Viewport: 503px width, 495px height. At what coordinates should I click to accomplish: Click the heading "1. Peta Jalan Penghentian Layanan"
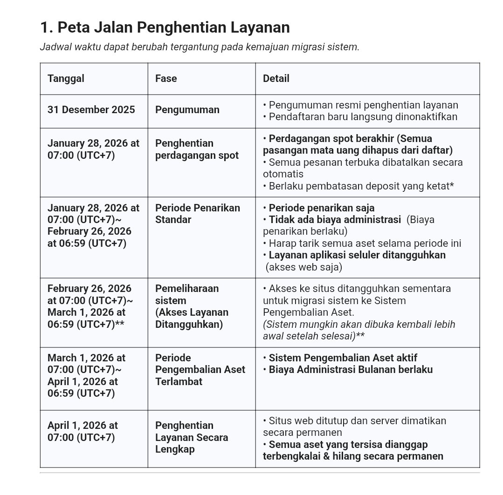(165, 27)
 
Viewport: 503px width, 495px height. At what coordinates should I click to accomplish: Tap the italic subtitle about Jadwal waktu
(200, 47)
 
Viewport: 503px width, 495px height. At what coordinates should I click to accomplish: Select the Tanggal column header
(66, 78)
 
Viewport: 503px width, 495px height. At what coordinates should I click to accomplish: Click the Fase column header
(166, 78)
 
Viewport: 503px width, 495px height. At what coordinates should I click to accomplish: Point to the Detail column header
(276, 78)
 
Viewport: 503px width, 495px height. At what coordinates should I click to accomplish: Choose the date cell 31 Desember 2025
(91, 110)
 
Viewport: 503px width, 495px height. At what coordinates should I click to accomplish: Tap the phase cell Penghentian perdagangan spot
(196, 149)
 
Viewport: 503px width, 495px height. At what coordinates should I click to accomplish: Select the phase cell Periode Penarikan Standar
(197, 213)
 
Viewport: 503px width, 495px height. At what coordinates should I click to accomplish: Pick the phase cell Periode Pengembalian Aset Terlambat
(200, 370)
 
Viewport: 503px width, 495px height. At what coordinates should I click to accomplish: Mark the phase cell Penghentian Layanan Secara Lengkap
(191, 437)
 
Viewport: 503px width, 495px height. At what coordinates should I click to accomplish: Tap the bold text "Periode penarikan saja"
(321, 208)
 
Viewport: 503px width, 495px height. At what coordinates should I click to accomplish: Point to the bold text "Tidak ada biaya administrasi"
(334, 219)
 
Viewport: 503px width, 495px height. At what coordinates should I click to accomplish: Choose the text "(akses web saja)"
(303, 267)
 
